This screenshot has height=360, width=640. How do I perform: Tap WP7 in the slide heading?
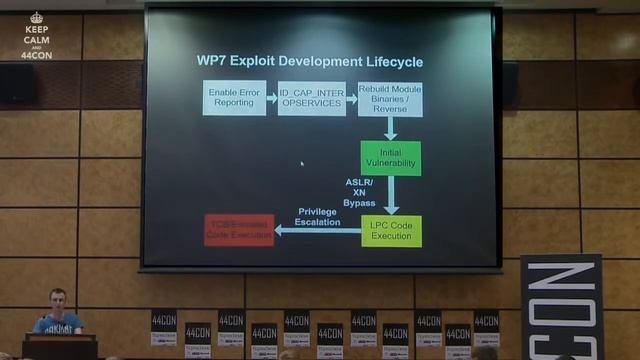tap(213, 62)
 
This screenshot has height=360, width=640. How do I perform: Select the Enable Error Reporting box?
tap(234, 98)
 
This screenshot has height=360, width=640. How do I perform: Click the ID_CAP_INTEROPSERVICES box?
tap(311, 98)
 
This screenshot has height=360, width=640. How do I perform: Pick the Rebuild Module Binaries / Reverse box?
tap(389, 98)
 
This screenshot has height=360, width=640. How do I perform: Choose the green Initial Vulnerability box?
tap(390, 157)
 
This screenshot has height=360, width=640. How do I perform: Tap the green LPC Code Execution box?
tap(390, 230)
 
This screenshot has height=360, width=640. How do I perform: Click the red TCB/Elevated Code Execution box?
tap(239, 230)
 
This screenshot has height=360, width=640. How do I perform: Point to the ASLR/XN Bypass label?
tap(359, 192)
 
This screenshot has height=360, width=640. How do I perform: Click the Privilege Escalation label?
tap(318, 216)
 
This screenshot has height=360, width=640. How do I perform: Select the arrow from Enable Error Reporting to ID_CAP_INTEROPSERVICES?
tap(272, 98)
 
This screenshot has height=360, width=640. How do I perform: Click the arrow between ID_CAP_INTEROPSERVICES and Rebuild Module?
tap(351, 98)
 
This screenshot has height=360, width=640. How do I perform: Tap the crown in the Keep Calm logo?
tap(37, 17)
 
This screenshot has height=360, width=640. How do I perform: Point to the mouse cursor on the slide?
tap(301, 164)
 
